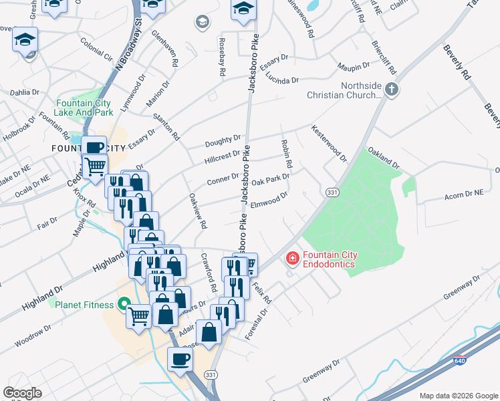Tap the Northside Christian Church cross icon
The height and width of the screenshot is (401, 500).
click(x=392, y=88)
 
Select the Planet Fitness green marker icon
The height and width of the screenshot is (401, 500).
click(x=123, y=305)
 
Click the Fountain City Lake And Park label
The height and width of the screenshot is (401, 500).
click(x=84, y=108)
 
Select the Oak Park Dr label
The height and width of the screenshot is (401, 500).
click(x=270, y=180)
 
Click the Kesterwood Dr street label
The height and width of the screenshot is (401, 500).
click(x=329, y=143)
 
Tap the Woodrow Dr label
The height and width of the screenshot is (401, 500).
click(x=33, y=336)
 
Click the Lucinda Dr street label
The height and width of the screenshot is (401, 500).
click(x=281, y=80)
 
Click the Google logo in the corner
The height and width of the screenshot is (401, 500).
click(x=22, y=392)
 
